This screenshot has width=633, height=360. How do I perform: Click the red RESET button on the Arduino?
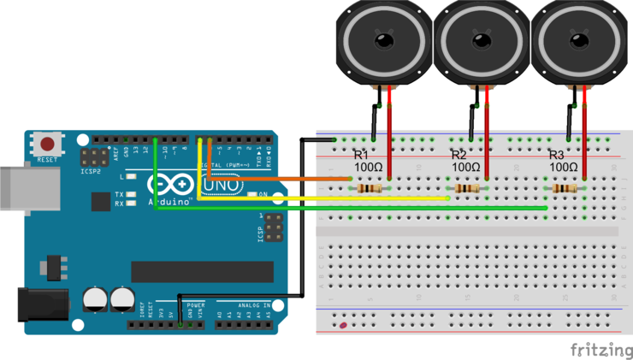(48, 144)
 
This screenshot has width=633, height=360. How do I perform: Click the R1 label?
(361, 155)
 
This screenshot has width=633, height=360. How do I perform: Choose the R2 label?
(459, 155)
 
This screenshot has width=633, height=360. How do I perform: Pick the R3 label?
(557, 155)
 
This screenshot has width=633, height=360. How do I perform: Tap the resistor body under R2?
(467, 187)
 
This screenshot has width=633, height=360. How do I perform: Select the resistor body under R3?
(565, 187)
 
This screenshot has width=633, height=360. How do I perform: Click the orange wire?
(282, 179)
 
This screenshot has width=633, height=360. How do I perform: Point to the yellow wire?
(325, 198)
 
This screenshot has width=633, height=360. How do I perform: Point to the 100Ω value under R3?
(565, 167)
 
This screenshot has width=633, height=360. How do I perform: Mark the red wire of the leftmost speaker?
(390, 128)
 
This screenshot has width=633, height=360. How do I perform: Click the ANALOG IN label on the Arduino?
(254, 304)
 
